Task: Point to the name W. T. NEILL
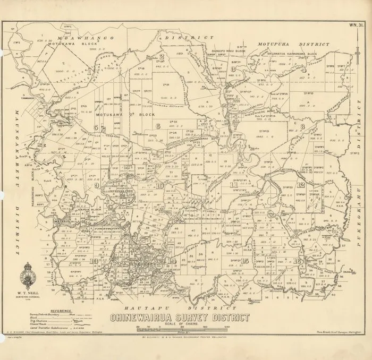tap(31, 292)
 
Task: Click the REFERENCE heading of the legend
tap(60, 309)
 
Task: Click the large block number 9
tap(96, 186)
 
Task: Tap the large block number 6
tap(158, 126)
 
